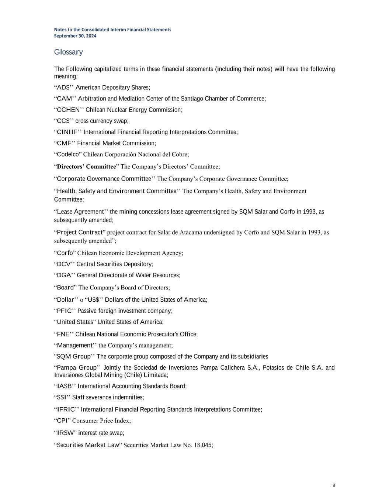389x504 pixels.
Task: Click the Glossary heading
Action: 68,52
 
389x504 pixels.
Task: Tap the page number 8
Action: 334,485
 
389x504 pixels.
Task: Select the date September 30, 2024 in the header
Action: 75,36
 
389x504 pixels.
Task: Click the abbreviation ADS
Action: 63,88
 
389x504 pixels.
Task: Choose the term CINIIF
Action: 67,132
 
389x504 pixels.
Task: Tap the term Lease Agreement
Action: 80,212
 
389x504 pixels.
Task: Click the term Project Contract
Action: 79,232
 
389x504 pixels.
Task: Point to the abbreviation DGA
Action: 64,275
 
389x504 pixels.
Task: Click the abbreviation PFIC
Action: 64,311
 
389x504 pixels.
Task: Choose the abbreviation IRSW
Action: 65,433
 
